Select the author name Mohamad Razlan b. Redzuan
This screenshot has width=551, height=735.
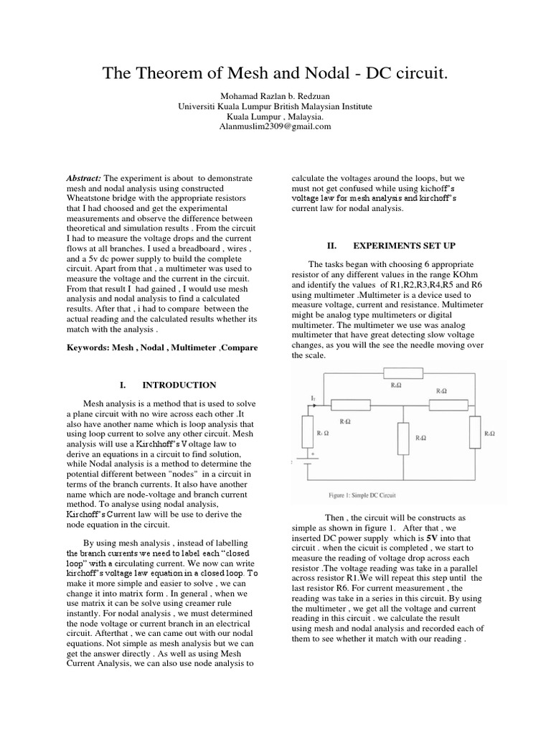pos(275,96)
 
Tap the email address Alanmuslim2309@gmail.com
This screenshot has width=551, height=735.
pos(275,126)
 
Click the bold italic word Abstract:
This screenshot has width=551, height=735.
pos(84,177)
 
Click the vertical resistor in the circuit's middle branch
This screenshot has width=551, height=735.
pos(400,434)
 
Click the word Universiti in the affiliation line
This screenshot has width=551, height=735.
pos(198,106)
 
